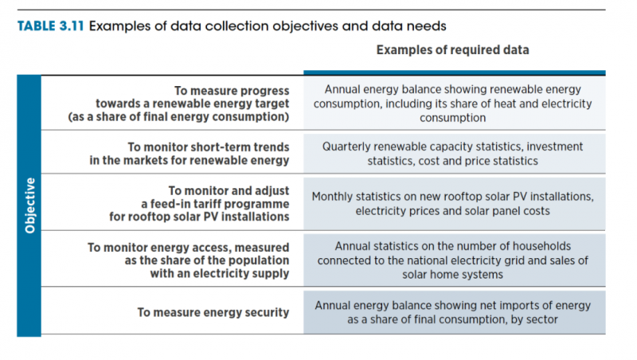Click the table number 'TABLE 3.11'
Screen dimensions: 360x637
click(x=49, y=25)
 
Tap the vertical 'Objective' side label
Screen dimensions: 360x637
click(x=29, y=205)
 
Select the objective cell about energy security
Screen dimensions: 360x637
click(x=213, y=312)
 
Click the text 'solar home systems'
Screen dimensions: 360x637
click(x=452, y=275)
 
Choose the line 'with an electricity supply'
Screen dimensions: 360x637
click(x=220, y=275)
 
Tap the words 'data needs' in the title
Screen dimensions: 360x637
click(x=404, y=25)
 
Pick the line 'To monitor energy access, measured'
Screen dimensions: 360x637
click(x=188, y=247)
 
